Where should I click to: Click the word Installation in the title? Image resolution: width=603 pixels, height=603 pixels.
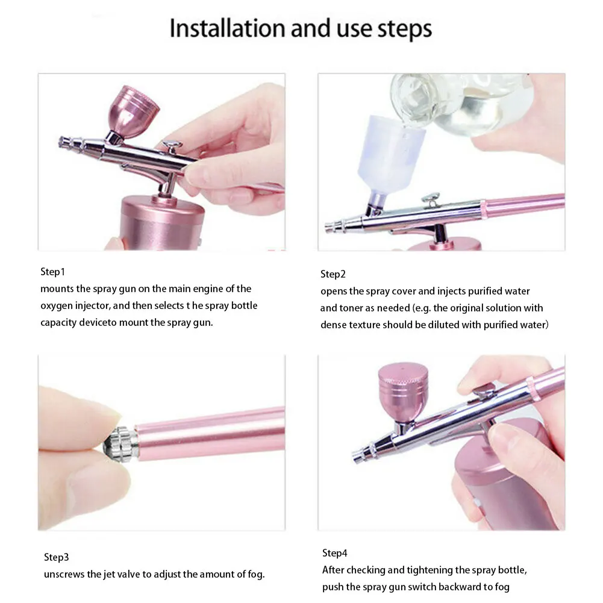tap(227, 28)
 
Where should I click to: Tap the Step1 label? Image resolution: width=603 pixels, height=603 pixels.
tap(52, 272)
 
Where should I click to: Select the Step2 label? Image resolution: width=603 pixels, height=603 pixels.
tap(333, 274)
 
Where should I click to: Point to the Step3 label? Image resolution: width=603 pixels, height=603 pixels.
tap(56, 557)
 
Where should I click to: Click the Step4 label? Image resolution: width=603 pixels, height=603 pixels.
tap(334, 553)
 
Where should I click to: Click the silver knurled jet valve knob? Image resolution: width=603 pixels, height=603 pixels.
tap(120, 442)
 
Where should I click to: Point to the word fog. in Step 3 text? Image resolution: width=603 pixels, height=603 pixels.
tap(256, 575)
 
